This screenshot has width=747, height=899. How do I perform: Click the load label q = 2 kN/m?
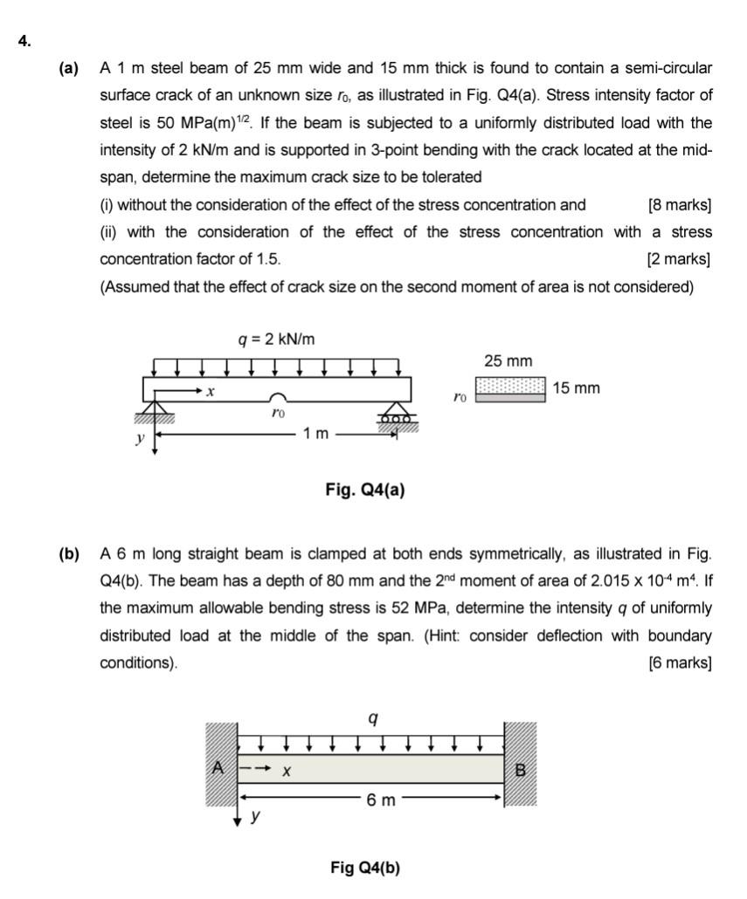point(277,339)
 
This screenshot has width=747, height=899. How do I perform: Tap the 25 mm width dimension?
point(508,361)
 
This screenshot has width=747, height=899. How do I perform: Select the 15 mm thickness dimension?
point(577,388)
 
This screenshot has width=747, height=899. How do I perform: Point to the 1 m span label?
point(315,434)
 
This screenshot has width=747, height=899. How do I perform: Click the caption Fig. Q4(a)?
point(364,491)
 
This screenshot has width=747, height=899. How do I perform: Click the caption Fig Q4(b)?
point(364,868)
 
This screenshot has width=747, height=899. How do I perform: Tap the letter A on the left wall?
point(218,768)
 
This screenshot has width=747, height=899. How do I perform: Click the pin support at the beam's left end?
point(156,409)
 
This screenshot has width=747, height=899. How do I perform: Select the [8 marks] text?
point(680,205)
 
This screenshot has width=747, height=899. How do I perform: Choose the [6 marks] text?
point(680,663)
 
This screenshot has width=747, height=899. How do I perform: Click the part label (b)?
point(69,554)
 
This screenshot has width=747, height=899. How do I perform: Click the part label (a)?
point(69,68)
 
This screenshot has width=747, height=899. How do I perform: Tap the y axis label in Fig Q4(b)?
point(254,818)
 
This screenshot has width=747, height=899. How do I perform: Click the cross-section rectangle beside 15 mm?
point(511,389)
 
